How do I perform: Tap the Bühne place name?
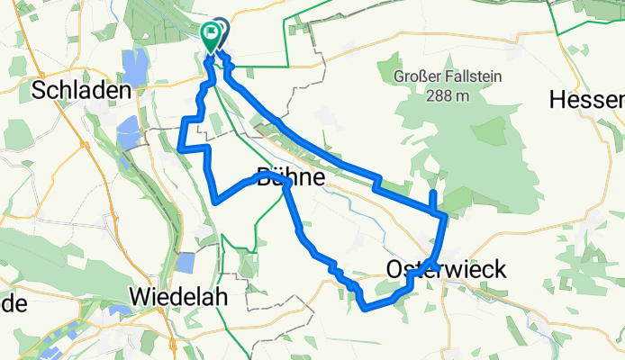tap(290, 176)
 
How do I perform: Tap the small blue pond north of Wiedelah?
tap(185, 263)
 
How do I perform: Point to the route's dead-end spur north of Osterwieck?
tap(433, 193)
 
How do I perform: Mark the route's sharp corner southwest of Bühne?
tap(216, 201)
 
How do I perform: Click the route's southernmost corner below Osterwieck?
tap(365, 308)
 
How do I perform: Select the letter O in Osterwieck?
tap(394, 268)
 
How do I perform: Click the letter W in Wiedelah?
tap(140, 296)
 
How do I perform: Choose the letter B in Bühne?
tap(264, 176)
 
